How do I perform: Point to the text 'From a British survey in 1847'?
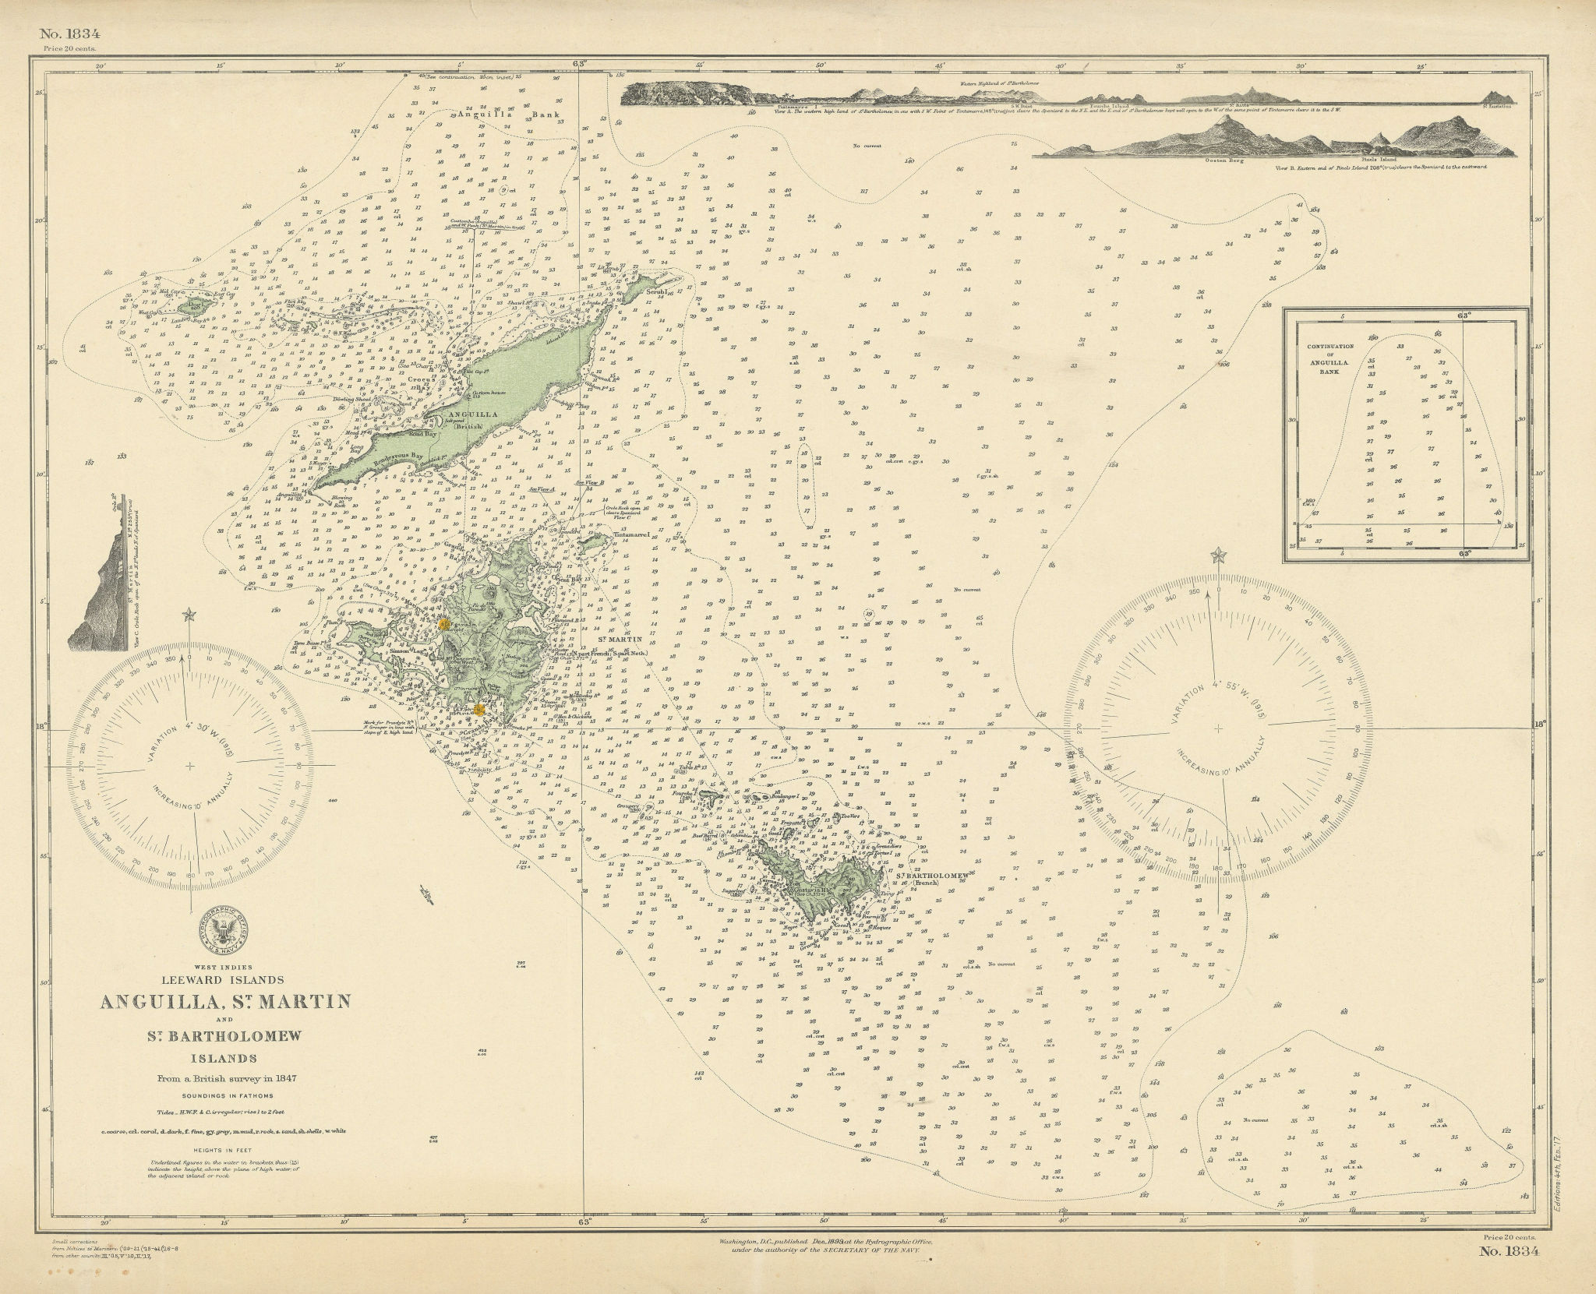224,1079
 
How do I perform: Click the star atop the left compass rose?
187,615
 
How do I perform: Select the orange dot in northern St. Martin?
443,624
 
